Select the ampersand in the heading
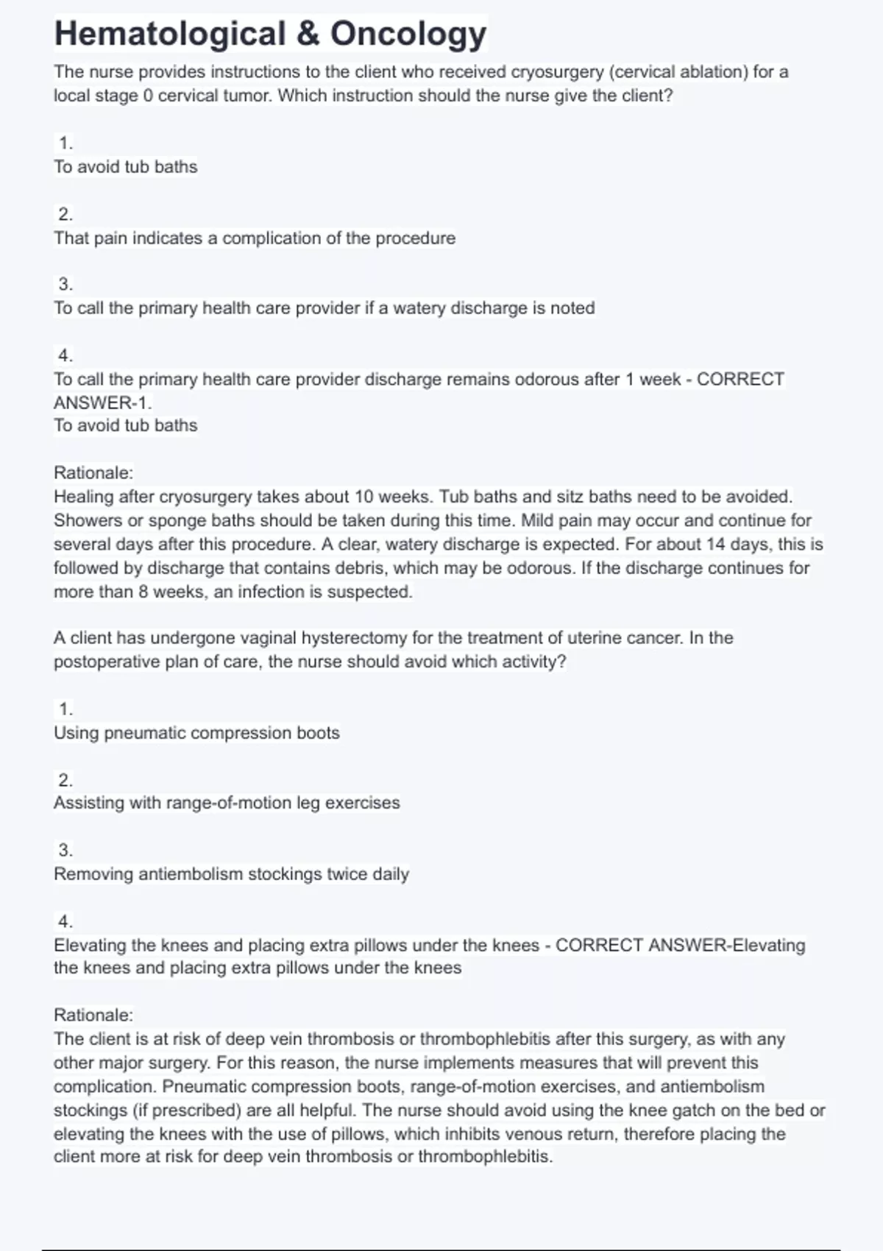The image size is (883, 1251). point(308,34)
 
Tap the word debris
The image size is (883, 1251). point(320,568)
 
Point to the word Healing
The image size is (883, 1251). point(82,497)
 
